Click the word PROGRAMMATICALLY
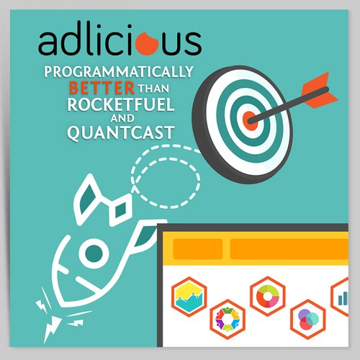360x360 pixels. (119, 72)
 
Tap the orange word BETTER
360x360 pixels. (102, 88)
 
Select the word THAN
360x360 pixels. (153, 89)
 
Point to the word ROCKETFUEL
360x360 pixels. (121, 104)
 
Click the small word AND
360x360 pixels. (122, 118)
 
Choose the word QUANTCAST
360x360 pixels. (120, 132)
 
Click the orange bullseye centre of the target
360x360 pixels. (250, 121)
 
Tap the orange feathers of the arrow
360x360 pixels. (319, 90)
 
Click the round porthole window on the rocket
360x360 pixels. (94, 253)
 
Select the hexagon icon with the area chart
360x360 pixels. (189, 297)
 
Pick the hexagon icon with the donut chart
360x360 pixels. (268, 296)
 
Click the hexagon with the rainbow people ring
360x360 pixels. (228, 319)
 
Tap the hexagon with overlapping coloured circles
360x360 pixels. (308, 319)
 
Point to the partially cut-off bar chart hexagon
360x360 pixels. (340, 297)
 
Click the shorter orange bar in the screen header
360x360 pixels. (198, 249)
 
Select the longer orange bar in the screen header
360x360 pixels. (289, 249)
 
